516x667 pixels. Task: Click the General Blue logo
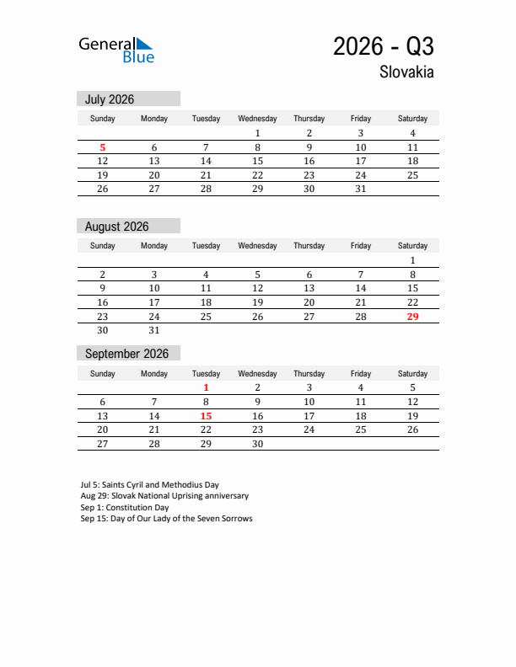pyautogui.click(x=116, y=50)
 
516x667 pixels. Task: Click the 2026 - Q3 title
pyautogui.click(x=384, y=46)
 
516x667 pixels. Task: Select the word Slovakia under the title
pyautogui.click(x=406, y=72)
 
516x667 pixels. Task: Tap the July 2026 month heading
pyautogui.click(x=110, y=99)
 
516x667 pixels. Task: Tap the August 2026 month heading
pyautogui.click(x=116, y=227)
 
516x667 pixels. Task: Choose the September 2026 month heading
pyautogui.click(x=126, y=354)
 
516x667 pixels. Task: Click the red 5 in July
pyautogui.click(x=103, y=147)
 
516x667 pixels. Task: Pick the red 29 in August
pyautogui.click(x=412, y=317)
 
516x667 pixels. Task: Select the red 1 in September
pyautogui.click(x=206, y=387)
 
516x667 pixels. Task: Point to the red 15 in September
pyautogui.click(x=206, y=416)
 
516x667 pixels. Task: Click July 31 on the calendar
pyautogui.click(x=360, y=189)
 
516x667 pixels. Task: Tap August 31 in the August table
pyautogui.click(x=154, y=330)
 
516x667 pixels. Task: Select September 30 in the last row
pyautogui.click(x=257, y=444)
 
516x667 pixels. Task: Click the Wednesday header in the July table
pyautogui.click(x=257, y=119)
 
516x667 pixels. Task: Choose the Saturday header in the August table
pyautogui.click(x=412, y=246)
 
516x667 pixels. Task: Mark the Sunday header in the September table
pyautogui.click(x=103, y=373)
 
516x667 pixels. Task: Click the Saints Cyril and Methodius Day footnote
pyautogui.click(x=149, y=485)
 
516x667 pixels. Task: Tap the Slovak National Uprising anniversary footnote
pyautogui.click(x=164, y=496)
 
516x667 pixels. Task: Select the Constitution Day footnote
pyautogui.click(x=125, y=508)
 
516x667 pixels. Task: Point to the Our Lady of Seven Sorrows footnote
pyautogui.click(x=166, y=519)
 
